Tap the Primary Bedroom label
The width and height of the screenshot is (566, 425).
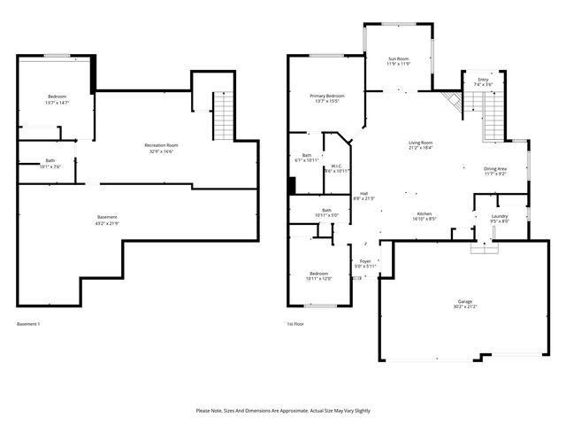[327, 96]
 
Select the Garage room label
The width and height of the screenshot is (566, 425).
[465, 302]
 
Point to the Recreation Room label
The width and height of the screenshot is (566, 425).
[162, 145]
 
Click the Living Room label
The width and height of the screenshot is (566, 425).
[420, 143]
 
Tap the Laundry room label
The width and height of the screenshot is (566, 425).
[499, 217]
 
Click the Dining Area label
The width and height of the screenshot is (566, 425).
[495, 168]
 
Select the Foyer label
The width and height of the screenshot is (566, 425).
[365, 261]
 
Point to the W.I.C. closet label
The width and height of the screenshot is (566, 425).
[337, 166]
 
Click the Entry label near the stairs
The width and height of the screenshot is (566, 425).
[483, 80]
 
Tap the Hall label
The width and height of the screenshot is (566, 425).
[363, 194]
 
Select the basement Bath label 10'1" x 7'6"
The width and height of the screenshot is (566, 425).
[50, 161]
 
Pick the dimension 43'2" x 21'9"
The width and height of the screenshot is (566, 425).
[107, 222]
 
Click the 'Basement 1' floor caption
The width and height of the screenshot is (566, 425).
[28, 324]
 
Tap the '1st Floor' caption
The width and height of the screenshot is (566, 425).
[296, 324]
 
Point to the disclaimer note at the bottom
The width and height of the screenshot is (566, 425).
[283, 411]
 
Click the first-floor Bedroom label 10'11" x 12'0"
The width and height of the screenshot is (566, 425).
[319, 274]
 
